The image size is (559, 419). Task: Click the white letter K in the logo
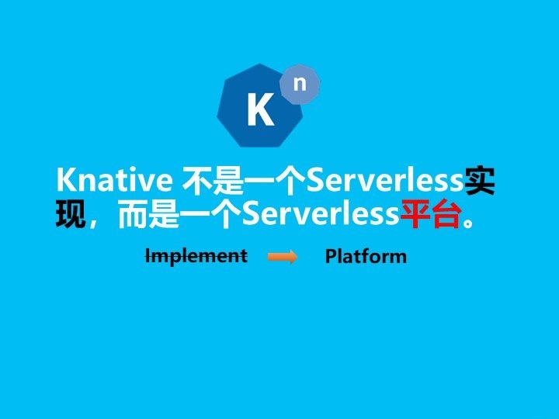pos(261,109)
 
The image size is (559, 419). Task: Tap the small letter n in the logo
pos(300,83)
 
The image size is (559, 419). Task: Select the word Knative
pos(114,179)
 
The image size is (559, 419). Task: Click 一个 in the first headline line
pos(275,180)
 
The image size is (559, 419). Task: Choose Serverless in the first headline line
pos(385,179)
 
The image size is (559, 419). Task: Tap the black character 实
pos(480,180)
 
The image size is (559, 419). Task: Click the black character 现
pos(71,214)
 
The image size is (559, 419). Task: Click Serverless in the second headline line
pos(321,213)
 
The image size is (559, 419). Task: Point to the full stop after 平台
pos(468,222)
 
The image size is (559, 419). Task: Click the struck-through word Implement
pos(196,257)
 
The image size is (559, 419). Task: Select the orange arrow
pos(283,257)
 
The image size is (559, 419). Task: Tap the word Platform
pos(366,256)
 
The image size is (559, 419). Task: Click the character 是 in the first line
pos(228,180)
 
